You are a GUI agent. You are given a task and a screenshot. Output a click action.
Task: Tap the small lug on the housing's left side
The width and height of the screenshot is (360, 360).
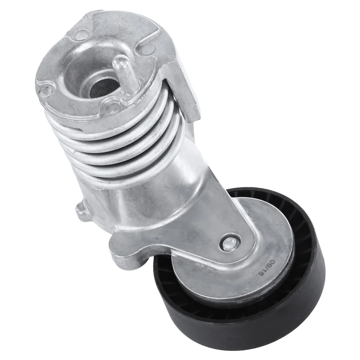(x=83, y=211)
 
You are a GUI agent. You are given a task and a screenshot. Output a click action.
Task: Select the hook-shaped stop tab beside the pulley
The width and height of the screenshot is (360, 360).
(x=129, y=250)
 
